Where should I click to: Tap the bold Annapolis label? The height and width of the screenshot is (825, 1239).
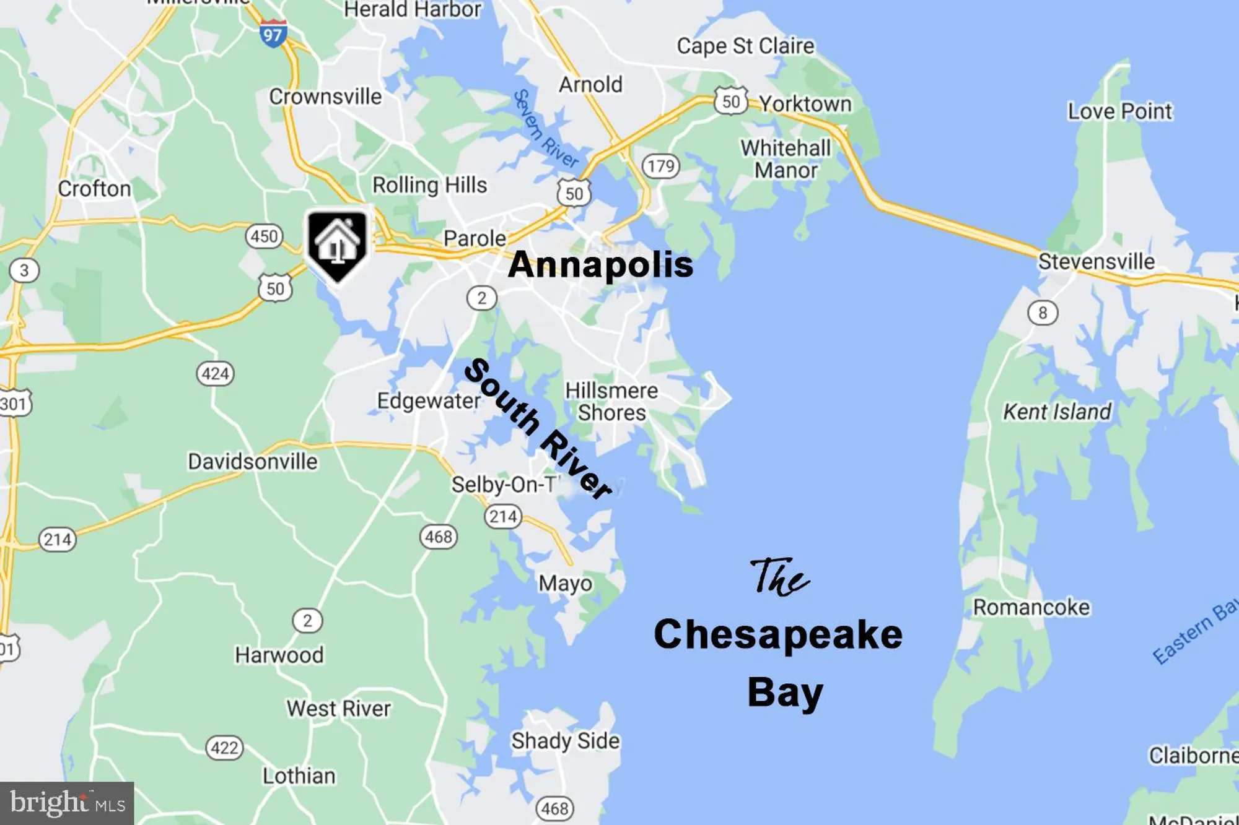tap(600, 265)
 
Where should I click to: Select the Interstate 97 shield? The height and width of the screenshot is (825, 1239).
tap(273, 33)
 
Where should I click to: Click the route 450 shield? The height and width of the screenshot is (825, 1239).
tap(265, 236)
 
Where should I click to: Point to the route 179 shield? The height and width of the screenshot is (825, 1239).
tap(660, 166)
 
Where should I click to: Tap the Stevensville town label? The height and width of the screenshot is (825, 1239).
tap(1096, 261)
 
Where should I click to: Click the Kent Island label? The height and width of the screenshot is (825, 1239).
tap(1057, 412)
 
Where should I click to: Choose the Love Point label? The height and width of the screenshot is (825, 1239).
tap(1119, 111)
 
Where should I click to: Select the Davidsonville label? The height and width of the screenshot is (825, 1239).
tap(253, 462)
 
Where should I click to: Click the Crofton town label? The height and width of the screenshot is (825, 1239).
tap(94, 189)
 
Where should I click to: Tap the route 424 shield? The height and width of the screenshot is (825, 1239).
tap(216, 374)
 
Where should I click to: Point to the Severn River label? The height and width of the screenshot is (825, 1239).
tap(545, 129)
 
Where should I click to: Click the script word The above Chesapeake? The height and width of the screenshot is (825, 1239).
tap(779, 577)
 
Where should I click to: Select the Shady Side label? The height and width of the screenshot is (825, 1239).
tap(565, 741)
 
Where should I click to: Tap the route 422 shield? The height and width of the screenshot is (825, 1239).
tap(224, 748)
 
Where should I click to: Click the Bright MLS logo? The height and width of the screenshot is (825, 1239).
tap(67, 803)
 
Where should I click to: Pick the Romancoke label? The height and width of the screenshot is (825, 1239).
tap(1031, 607)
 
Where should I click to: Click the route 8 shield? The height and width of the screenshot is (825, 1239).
tap(1043, 313)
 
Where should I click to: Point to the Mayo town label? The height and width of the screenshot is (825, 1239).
tap(565, 583)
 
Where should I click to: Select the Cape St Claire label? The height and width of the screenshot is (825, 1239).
tap(745, 46)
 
